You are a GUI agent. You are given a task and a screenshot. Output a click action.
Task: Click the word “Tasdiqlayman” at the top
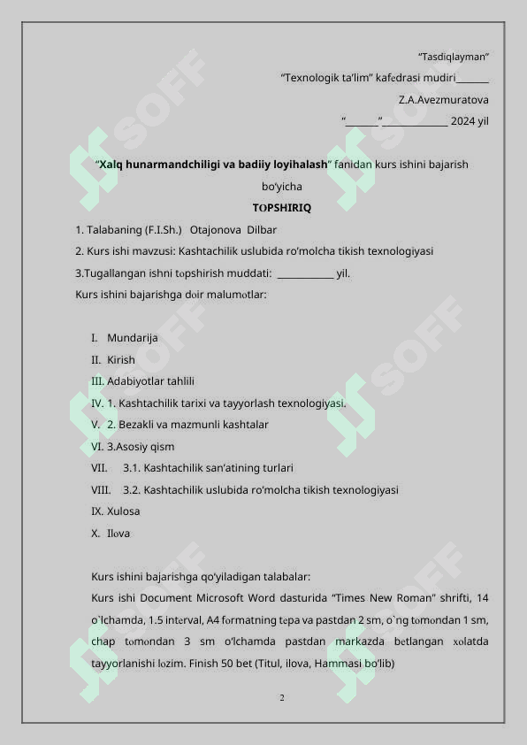point(454,57)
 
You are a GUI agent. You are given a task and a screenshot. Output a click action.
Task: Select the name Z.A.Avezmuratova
point(444,100)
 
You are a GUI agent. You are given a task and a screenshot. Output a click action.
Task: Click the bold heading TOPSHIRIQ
point(281,208)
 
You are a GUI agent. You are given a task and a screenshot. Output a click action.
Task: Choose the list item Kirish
point(121,360)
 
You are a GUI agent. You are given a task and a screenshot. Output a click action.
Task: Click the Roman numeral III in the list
point(97,381)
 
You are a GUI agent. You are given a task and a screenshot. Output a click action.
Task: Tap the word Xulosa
point(123,511)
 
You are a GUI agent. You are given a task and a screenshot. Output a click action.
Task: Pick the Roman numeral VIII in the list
point(101,489)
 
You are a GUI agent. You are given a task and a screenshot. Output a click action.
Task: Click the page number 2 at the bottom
point(281,699)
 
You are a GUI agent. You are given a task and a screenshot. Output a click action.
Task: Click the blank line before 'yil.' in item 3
point(305,273)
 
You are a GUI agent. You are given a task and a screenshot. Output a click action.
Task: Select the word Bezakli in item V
point(140,425)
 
